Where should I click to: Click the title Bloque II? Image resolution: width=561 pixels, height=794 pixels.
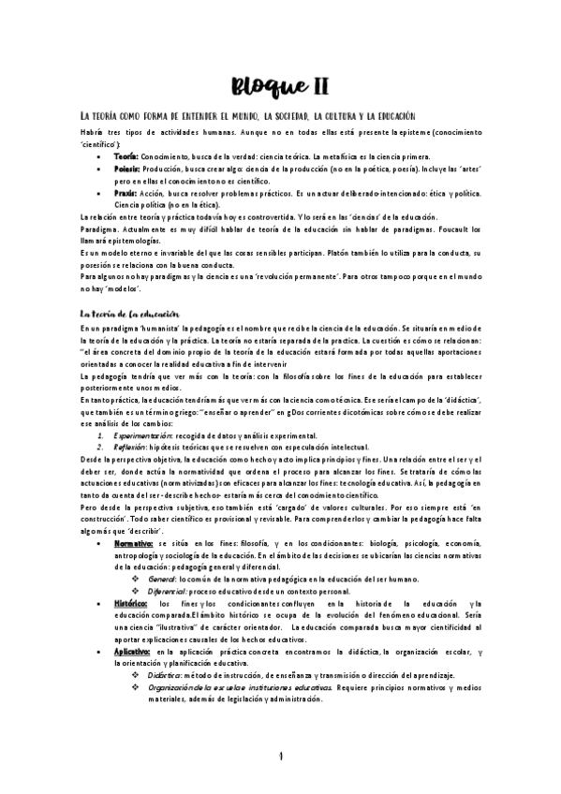point(279,86)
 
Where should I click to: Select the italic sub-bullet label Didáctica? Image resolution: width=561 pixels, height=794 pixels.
point(164,674)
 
